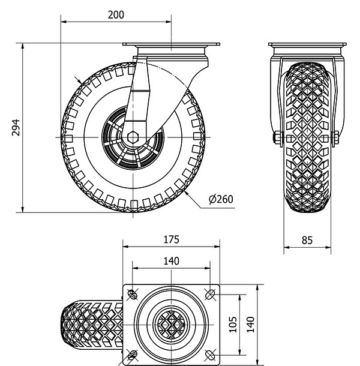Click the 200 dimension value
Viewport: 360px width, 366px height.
coord(116,15)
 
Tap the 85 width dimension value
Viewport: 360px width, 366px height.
coord(307,241)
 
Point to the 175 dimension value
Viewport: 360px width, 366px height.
coord(171,239)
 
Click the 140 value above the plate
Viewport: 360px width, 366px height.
coord(171,261)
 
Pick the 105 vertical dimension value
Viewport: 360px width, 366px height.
coord(233,324)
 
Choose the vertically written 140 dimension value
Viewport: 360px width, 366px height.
coord(250,324)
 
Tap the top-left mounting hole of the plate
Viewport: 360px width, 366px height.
coord(131,294)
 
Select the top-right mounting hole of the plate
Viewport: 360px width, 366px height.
coord(210,294)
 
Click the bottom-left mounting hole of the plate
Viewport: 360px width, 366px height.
coord(131,353)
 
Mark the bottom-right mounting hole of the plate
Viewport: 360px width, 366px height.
coord(210,353)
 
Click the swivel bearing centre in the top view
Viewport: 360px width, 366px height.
coord(171,324)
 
